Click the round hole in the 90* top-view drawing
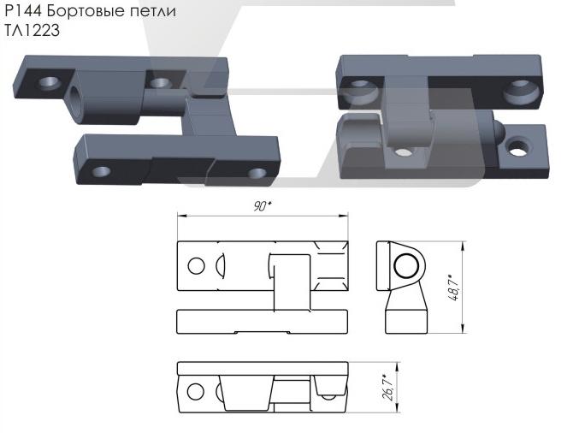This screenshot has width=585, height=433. tap(196, 265)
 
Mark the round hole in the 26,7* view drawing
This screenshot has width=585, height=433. tap(196, 392)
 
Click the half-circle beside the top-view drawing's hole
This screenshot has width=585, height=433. tap(220, 265)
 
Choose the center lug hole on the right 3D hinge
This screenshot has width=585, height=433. tap(401, 152)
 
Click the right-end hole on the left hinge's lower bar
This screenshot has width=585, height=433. tap(255, 174)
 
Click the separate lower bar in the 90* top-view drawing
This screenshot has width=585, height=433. tap(263, 323)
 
